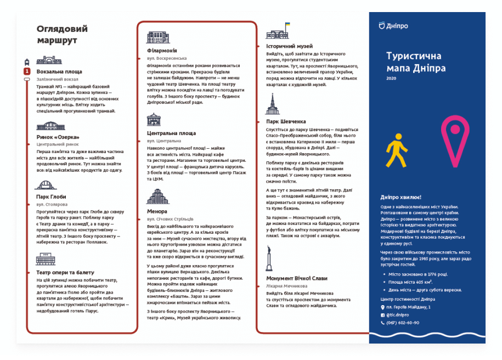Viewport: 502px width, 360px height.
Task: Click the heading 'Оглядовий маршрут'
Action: [62, 34]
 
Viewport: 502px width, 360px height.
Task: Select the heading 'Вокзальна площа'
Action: [59, 71]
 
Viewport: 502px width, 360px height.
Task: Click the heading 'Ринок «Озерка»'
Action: [58, 137]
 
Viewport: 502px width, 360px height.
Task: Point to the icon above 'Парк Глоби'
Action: [44, 185]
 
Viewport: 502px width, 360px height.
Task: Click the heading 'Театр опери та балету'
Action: [65, 272]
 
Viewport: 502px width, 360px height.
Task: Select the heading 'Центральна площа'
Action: [171, 133]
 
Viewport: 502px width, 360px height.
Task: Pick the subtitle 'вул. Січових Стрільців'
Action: [170, 219]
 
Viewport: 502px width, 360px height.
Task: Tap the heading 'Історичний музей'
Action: [289, 47]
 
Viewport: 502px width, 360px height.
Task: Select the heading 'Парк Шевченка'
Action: [286, 121]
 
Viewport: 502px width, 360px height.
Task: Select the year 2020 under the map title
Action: [391, 78]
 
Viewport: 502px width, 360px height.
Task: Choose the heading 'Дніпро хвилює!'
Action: [401, 197]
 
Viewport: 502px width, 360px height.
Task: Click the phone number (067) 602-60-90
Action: [403, 322]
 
